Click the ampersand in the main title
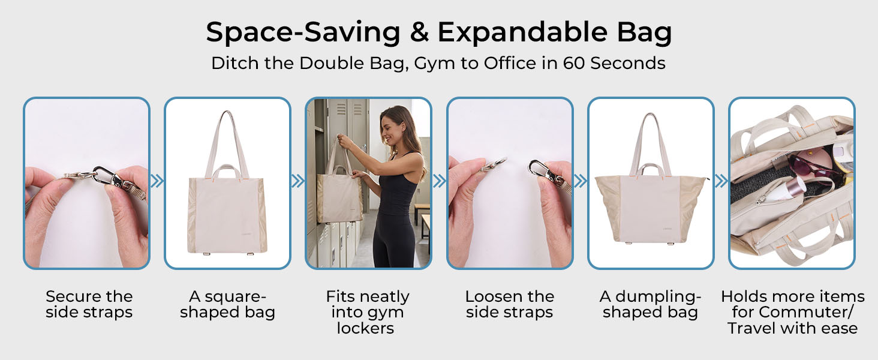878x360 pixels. point(419,32)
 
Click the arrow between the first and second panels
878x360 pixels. point(157,181)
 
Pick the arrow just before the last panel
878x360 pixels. point(721,181)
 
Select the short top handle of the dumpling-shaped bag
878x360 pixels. point(650,169)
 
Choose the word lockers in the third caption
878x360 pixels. point(365,328)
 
